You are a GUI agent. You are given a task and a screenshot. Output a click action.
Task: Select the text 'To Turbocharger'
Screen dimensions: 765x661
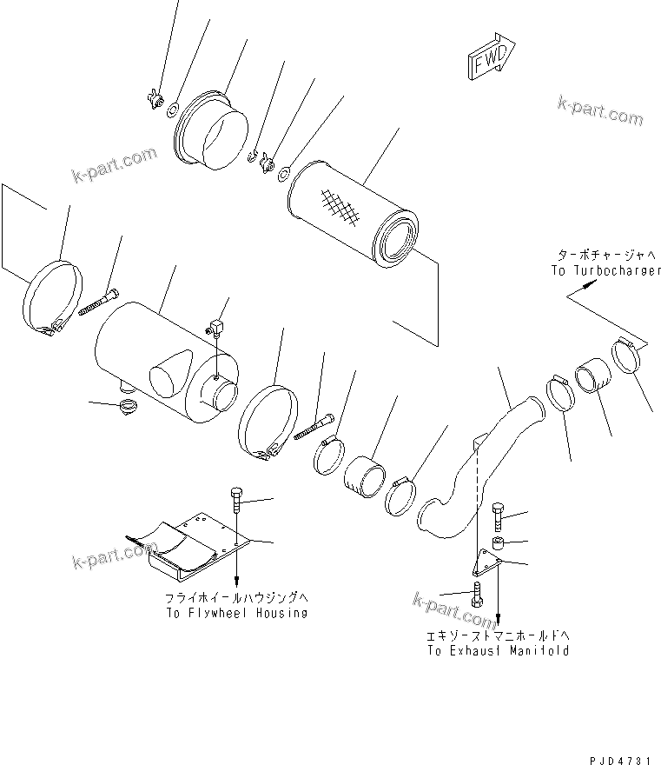pos(605,270)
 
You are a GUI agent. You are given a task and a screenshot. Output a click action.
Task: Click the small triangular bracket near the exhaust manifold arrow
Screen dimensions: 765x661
pos(492,565)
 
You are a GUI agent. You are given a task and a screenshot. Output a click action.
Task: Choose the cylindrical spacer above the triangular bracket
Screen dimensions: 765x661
pos(498,545)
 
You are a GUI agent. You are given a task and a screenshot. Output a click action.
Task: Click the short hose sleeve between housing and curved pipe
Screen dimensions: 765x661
pos(367,477)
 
